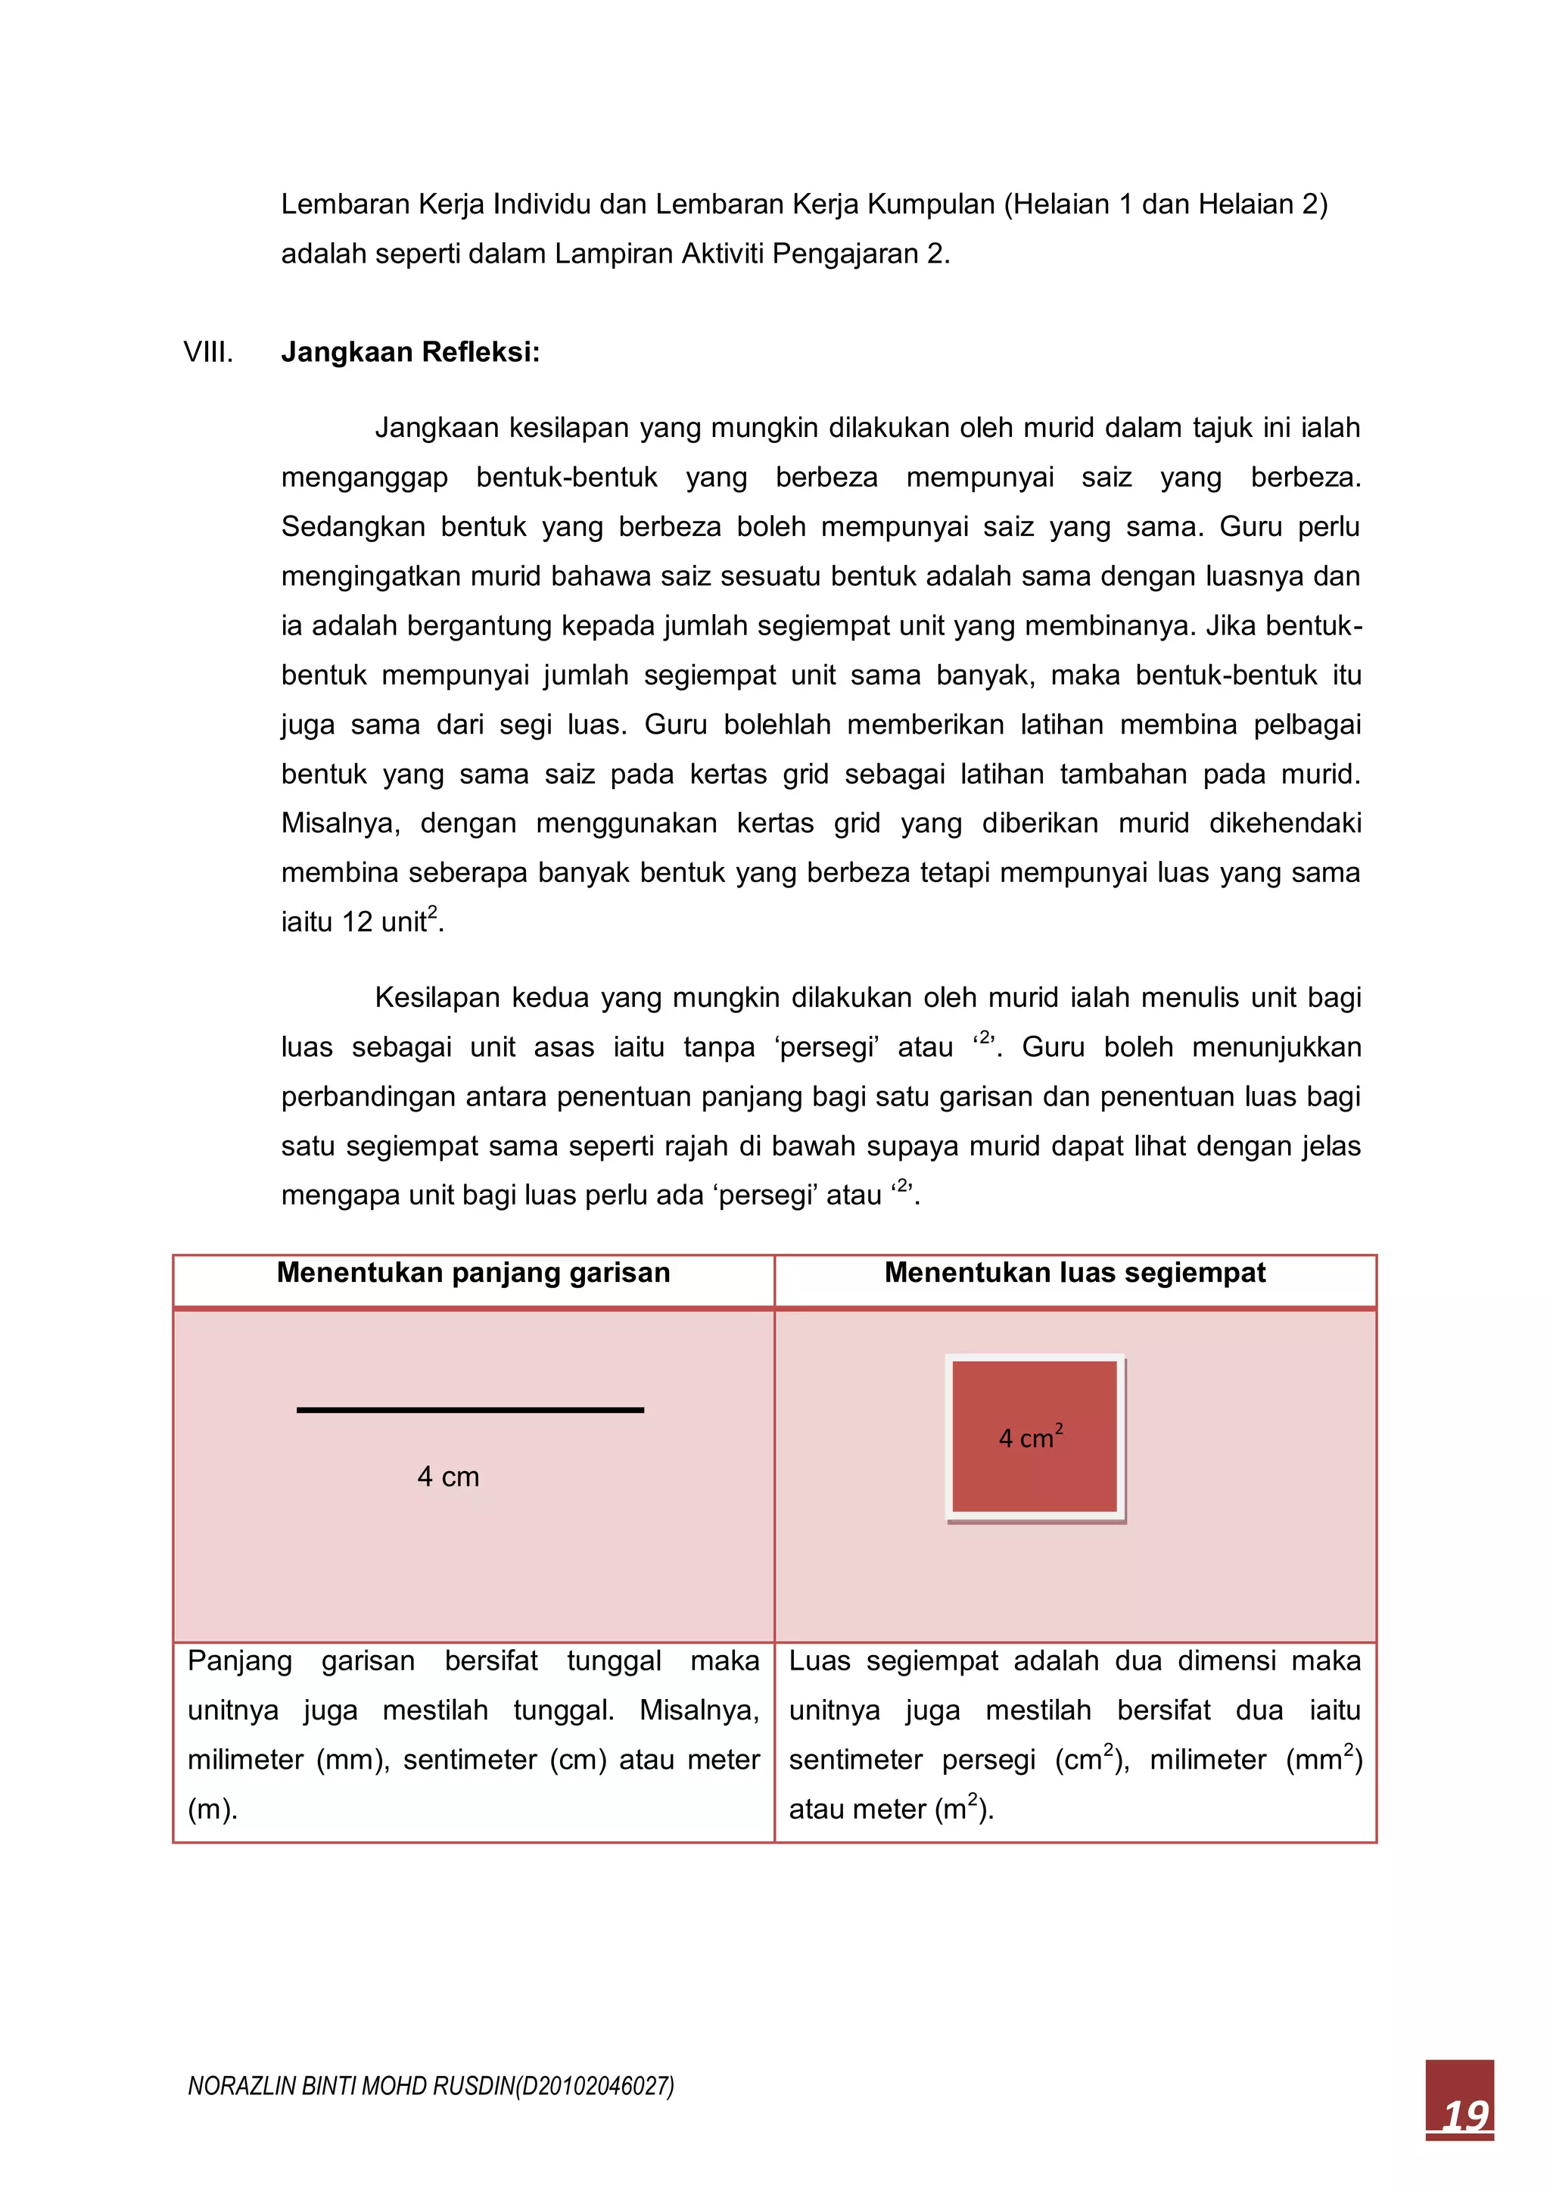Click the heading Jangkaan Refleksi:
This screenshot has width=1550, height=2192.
click(x=410, y=352)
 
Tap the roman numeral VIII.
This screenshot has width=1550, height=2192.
click(x=208, y=352)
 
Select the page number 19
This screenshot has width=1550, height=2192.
click(x=1464, y=2115)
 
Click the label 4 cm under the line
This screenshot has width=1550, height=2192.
click(x=447, y=1477)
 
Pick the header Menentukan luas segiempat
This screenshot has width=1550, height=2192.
click(x=1075, y=1273)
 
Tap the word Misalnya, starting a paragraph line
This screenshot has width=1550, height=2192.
click(x=340, y=823)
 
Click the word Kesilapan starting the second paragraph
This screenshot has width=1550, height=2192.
click(x=436, y=998)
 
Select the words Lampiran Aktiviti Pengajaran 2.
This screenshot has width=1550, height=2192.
click(x=751, y=254)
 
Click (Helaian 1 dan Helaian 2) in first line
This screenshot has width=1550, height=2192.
click(x=1166, y=204)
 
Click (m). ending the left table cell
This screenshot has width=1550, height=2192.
click(x=212, y=1808)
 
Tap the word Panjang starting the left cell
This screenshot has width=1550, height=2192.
click(x=240, y=1660)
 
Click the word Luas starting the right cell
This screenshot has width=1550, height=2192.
click(x=820, y=1660)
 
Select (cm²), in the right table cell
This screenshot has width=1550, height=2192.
click(x=1092, y=1759)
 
